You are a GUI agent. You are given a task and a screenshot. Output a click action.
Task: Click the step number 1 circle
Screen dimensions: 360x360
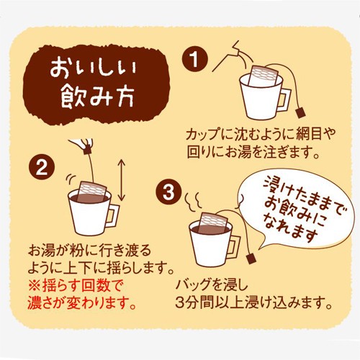(194, 59)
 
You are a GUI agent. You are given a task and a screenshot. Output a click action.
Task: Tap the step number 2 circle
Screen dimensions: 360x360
(42, 167)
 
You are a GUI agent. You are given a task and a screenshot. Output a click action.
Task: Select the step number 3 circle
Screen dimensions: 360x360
(168, 192)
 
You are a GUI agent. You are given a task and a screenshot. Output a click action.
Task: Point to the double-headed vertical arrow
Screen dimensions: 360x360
(122, 180)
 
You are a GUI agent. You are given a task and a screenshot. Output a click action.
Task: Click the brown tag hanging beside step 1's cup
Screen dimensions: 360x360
(300, 112)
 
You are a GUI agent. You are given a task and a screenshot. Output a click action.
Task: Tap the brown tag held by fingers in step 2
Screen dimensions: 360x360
(87, 150)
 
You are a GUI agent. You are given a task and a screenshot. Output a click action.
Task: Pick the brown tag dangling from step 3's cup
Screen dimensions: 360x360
(251, 258)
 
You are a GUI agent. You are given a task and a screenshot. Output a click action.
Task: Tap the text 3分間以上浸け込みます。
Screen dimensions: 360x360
(253, 303)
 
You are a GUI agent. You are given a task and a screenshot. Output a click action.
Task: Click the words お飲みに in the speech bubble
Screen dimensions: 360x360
(297, 214)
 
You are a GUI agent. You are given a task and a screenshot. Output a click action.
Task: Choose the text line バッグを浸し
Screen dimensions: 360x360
(212, 285)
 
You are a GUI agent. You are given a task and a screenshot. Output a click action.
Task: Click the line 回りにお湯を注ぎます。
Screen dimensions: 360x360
(254, 152)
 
